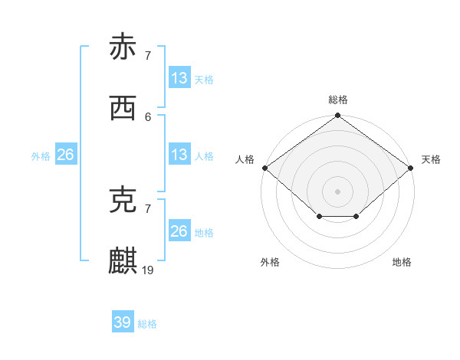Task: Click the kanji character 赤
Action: pyautogui.click(x=123, y=47)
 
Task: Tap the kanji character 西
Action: pyautogui.click(x=123, y=108)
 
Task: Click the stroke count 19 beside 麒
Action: pyautogui.click(x=149, y=270)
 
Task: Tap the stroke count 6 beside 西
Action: pyautogui.click(x=148, y=116)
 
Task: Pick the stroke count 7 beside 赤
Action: pyautogui.click(x=148, y=55)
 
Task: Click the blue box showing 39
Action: pyautogui.click(x=123, y=322)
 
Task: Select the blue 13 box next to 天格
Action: pyautogui.click(x=179, y=78)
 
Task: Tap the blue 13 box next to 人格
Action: pyautogui.click(x=179, y=155)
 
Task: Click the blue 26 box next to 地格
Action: pyautogui.click(x=179, y=231)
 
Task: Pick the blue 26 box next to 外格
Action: pyautogui.click(x=66, y=155)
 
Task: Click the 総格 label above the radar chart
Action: pyautogui.click(x=338, y=100)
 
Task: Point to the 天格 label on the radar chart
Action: pyautogui.click(x=431, y=159)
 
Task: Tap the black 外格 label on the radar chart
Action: pyautogui.click(x=270, y=262)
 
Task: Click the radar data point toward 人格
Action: pyautogui.click(x=264, y=168)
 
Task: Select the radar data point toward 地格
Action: pyautogui.click(x=356, y=217)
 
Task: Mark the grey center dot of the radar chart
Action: pyautogui.click(x=338, y=191)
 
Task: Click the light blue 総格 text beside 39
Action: pyautogui.click(x=147, y=324)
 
